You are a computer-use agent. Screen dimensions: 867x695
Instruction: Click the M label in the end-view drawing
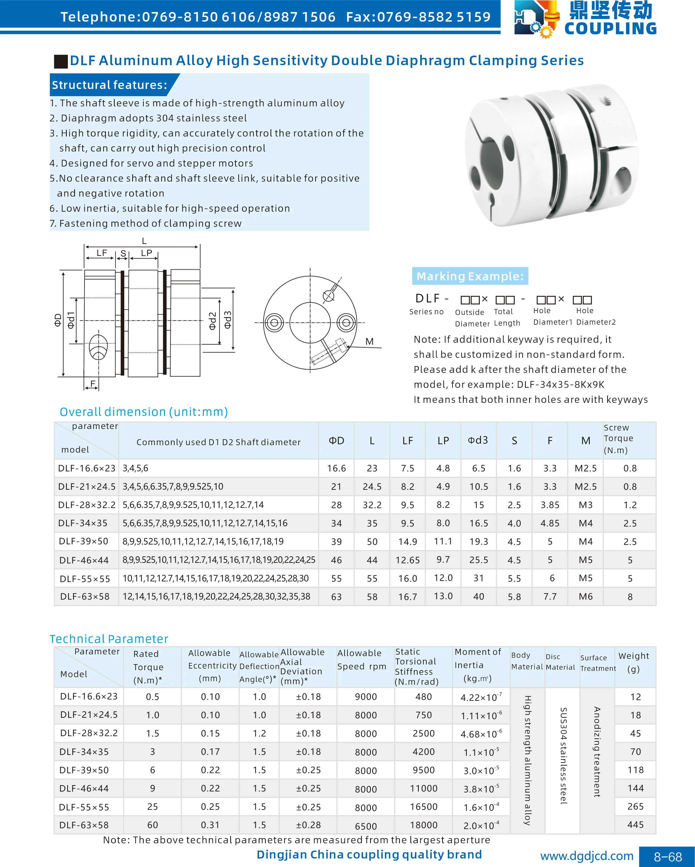point(369,341)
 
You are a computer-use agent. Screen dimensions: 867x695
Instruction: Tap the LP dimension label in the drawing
point(146,253)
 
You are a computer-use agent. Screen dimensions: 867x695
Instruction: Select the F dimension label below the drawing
point(93,383)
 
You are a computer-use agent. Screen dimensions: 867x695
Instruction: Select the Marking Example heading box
point(470,276)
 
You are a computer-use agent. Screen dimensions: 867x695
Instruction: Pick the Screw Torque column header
point(619,439)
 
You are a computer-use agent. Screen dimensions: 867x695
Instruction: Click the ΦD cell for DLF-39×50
point(336,542)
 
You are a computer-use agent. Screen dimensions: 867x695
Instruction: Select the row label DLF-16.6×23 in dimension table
point(87,468)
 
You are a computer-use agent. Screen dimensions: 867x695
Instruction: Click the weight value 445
point(636,825)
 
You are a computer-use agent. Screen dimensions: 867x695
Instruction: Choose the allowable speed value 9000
point(366,697)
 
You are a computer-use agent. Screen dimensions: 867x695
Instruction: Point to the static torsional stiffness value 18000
point(423,825)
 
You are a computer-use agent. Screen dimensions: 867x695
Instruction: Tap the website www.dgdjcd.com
point(586,856)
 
